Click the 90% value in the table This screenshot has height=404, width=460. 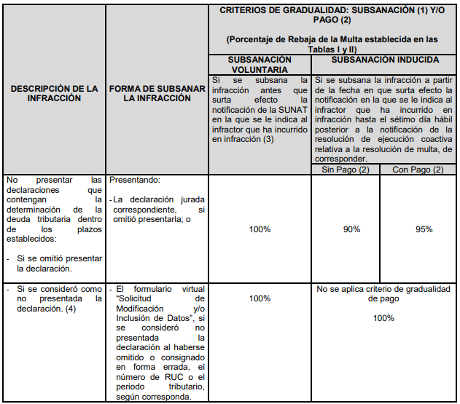[352, 229]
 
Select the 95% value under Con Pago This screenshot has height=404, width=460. [423, 229]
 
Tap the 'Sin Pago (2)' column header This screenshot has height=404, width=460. [346, 169]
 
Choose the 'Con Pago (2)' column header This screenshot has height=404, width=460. [418, 169]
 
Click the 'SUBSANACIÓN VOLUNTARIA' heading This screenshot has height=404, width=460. [260, 65]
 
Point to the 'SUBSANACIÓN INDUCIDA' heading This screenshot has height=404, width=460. [385, 60]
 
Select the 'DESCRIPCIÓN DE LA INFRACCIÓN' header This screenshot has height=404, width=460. [55, 93]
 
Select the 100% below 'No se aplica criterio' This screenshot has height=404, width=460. [383, 318]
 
